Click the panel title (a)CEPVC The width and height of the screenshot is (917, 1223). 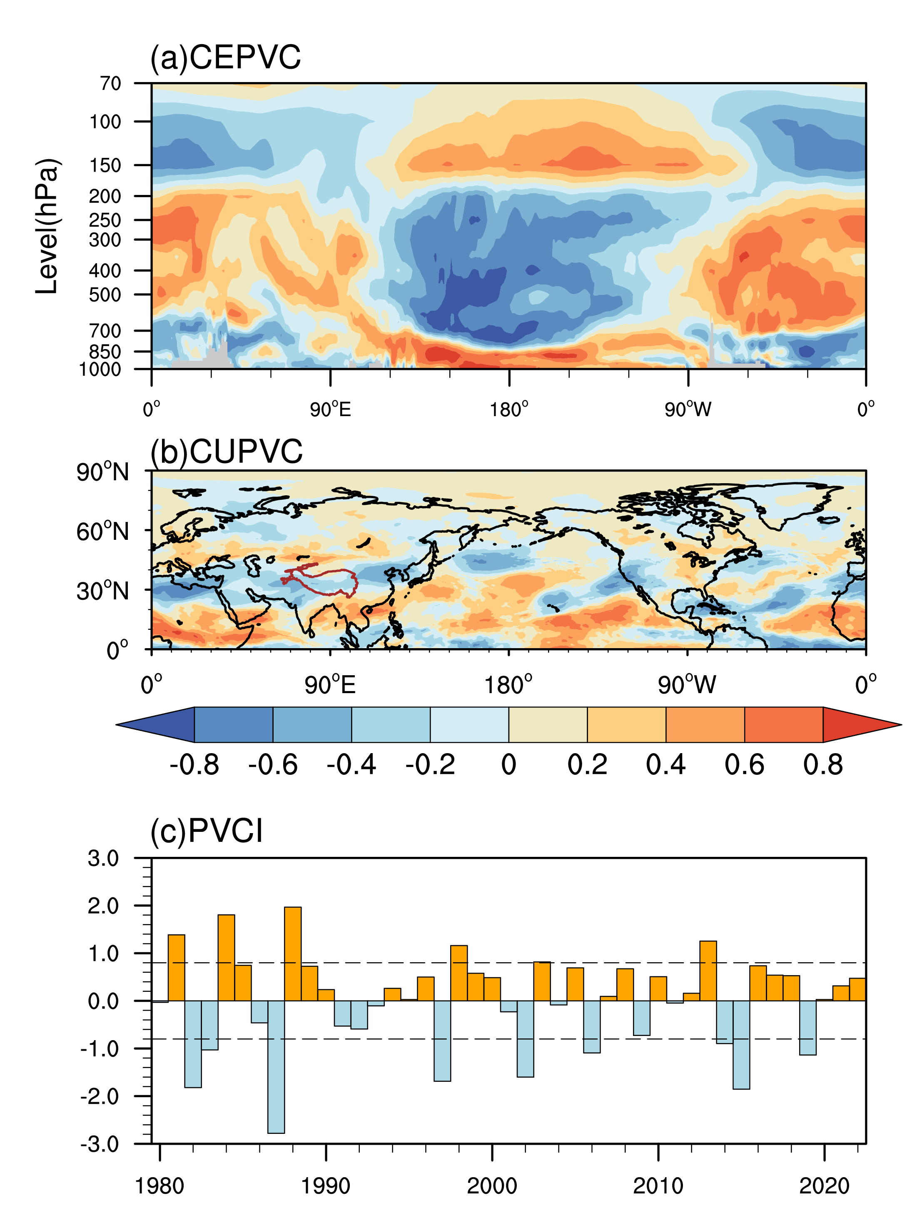pyautogui.click(x=226, y=57)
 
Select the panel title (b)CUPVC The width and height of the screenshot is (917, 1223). pyautogui.click(x=227, y=452)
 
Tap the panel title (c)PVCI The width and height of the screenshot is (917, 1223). pyautogui.click(x=207, y=831)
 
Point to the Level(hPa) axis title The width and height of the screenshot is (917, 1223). pyautogui.click(x=47, y=226)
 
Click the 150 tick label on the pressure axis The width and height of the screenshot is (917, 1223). pyautogui.click(x=105, y=165)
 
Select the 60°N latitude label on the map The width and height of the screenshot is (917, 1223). pyautogui.click(x=103, y=532)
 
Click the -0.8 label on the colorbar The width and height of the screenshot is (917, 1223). pyautogui.click(x=194, y=765)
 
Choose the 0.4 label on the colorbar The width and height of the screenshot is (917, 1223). pyautogui.click(x=665, y=765)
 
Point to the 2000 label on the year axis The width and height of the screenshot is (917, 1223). pyautogui.click(x=491, y=1186)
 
